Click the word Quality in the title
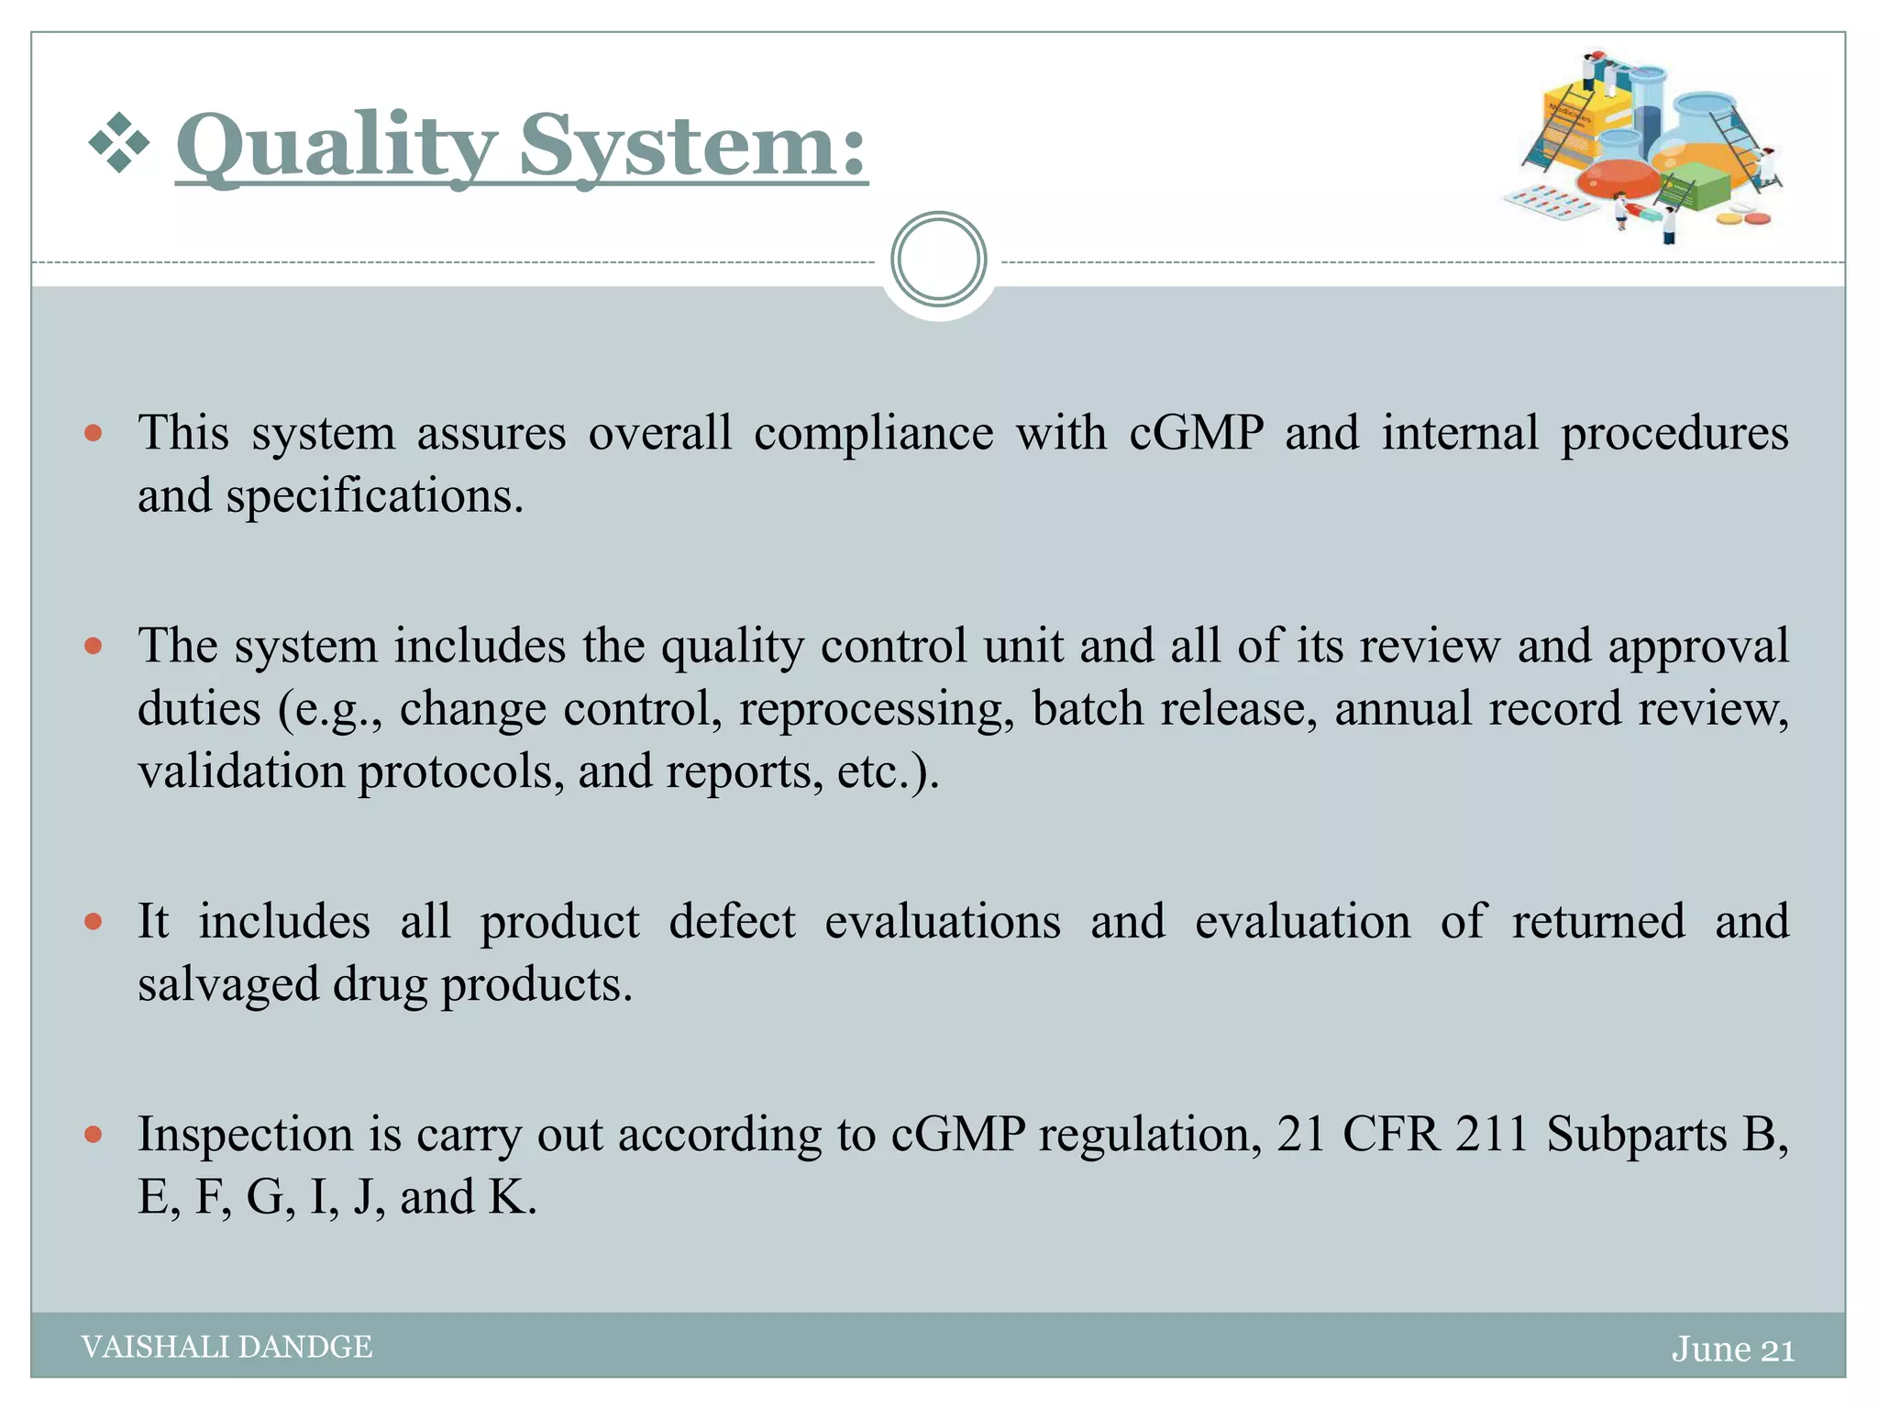pyautogui.click(x=336, y=147)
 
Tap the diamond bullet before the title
pyautogui.click(x=119, y=143)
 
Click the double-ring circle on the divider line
pyautogui.click(x=938, y=260)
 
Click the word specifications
pyautogui.click(x=374, y=496)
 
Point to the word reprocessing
pyautogui.click(x=876, y=709)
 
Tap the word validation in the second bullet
pyautogui.click(x=240, y=771)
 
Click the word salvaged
pyautogui.click(x=227, y=985)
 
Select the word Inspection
pyautogui.click(x=246, y=1135)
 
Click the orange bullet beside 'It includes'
pyautogui.click(x=93, y=922)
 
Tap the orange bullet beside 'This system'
pyautogui.click(x=93, y=433)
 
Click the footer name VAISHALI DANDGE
pyautogui.click(x=226, y=1347)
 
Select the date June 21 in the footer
pyautogui.click(x=1732, y=1349)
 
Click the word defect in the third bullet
pyautogui.click(x=732, y=922)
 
